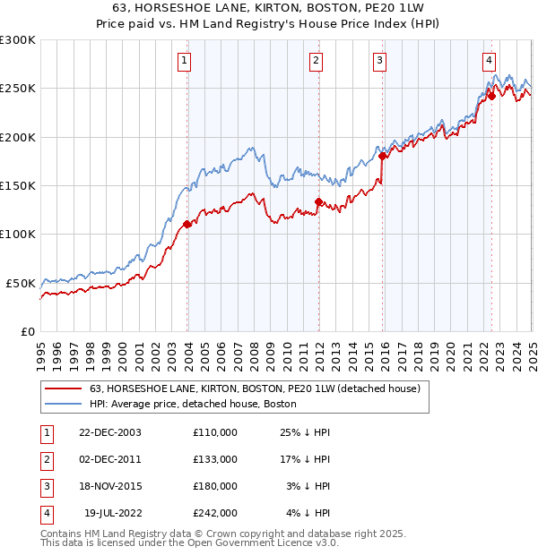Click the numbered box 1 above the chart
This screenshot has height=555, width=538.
pyautogui.click(x=184, y=61)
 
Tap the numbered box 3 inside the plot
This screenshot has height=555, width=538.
pyautogui.click(x=380, y=61)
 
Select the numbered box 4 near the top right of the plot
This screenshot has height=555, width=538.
pyautogui.click(x=490, y=61)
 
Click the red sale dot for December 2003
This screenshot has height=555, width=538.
pyautogui.click(x=187, y=225)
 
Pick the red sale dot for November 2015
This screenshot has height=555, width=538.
pyautogui.click(x=383, y=156)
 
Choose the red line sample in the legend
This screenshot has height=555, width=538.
pyautogui.click(x=63, y=389)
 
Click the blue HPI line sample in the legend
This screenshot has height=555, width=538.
pyautogui.click(x=63, y=405)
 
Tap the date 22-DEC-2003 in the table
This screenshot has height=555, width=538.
pyautogui.click(x=110, y=432)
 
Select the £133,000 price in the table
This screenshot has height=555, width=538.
pyautogui.click(x=215, y=459)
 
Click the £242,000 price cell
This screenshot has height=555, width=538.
pyautogui.click(x=215, y=513)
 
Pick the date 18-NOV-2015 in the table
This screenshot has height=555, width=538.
pyautogui.click(x=110, y=486)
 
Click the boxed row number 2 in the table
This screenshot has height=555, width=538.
pyautogui.click(x=46, y=459)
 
